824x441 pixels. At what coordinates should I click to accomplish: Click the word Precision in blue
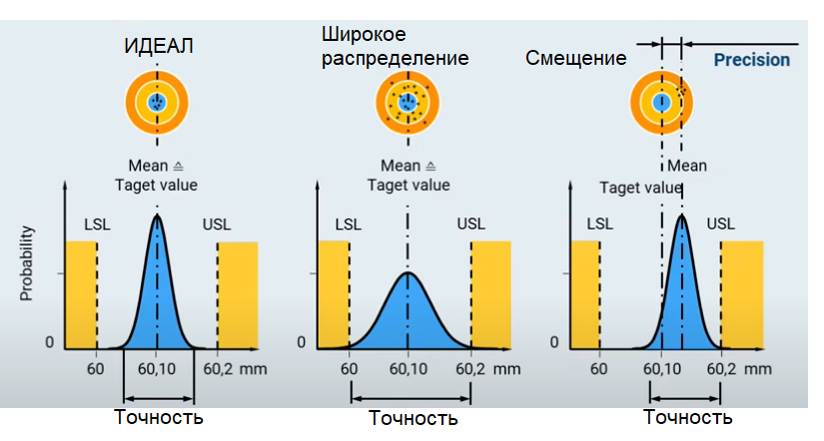[x=751, y=60]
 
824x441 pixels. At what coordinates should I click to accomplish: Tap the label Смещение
[x=576, y=58]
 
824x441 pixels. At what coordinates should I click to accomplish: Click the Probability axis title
[x=27, y=263]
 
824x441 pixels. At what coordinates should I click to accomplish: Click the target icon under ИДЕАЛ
[x=155, y=102]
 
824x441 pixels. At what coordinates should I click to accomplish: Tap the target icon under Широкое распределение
[x=407, y=102]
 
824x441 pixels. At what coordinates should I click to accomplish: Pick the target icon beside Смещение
[x=660, y=102]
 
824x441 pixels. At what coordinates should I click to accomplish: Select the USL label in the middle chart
[x=470, y=223]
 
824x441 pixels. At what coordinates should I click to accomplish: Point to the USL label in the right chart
[x=720, y=223]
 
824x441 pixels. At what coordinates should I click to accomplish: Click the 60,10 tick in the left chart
[x=157, y=368]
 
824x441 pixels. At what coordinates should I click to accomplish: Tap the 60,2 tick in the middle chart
[x=471, y=368]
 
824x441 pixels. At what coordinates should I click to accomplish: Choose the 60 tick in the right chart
[x=598, y=368]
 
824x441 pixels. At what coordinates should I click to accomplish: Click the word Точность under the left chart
[x=160, y=416]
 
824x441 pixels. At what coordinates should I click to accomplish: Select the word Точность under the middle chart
[x=413, y=418]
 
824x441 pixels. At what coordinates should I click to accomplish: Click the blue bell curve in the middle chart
[x=408, y=317]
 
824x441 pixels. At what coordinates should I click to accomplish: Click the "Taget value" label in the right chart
[x=639, y=188]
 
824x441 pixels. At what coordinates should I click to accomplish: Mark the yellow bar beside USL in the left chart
[x=238, y=295]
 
